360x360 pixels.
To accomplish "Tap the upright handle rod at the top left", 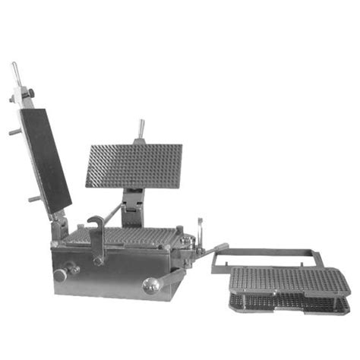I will [x=14, y=73].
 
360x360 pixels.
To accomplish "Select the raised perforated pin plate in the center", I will [x=134, y=165].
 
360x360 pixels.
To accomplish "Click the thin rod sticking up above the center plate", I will [x=141, y=128].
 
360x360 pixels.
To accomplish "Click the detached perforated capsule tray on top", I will [x=289, y=280].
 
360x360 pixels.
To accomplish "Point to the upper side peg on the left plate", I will [x=14, y=131].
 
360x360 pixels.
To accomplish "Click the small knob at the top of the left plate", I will [x=30, y=93].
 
